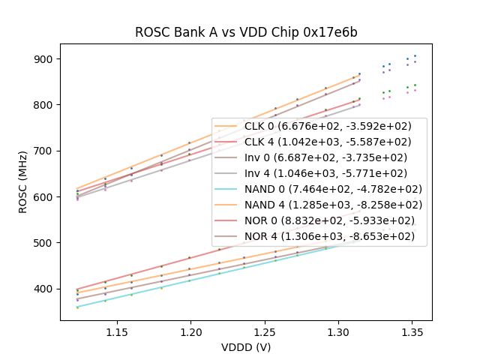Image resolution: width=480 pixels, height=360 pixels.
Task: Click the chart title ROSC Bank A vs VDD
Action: [246, 32]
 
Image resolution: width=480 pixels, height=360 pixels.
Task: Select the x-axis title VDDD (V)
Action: [246, 347]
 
